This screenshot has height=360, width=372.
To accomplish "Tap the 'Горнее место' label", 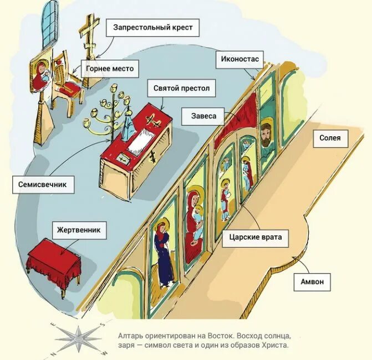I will (109, 69).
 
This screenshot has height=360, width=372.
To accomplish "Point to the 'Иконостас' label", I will (238, 57).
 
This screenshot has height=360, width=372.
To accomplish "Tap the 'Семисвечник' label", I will (42, 184).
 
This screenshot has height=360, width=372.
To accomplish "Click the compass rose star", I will (78, 338).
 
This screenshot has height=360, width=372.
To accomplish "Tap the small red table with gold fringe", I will (53, 257).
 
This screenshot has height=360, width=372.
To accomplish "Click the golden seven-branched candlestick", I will (114, 113).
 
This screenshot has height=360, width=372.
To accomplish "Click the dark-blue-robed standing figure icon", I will (164, 255).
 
